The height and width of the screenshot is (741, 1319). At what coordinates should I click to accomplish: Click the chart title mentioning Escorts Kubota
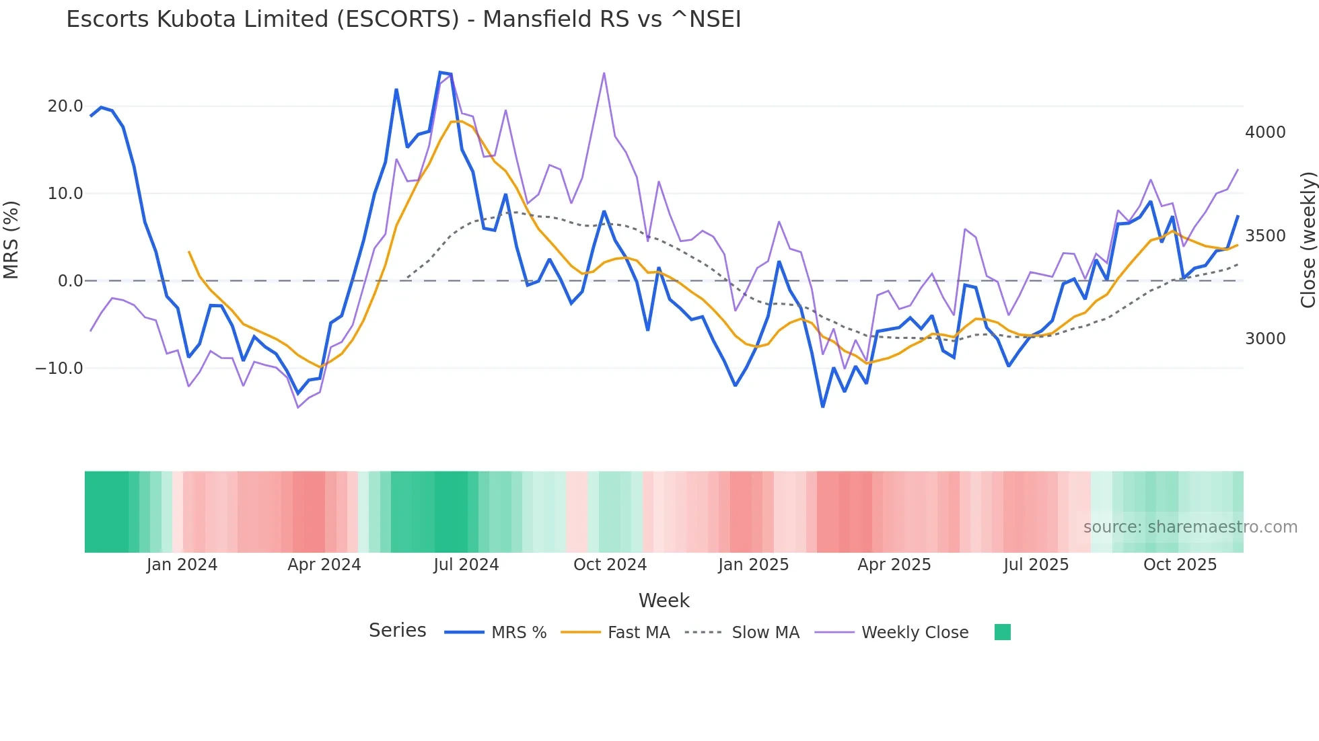pos(403,19)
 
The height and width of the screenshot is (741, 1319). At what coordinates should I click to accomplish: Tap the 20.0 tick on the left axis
pos(65,106)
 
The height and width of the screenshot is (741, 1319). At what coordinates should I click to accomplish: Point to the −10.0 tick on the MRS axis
pos(59,368)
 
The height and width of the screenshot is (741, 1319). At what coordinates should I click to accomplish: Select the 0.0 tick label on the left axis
pos(70,281)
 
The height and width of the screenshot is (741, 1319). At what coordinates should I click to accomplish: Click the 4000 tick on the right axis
pos(1265,132)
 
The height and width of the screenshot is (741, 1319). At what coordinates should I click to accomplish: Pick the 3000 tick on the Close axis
pos(1265,339)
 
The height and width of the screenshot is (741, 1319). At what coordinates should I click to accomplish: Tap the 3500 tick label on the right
pos(1265,236)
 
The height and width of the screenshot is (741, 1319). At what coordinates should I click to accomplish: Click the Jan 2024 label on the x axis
pos(182,565)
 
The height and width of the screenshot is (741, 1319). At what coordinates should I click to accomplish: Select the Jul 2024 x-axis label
pos(466,565)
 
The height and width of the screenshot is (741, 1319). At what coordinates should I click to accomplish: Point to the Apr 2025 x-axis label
pos(894,565)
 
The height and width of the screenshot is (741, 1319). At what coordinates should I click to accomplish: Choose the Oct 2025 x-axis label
pos(1180,565)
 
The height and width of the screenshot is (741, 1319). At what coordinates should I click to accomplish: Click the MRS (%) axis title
pos(11,239)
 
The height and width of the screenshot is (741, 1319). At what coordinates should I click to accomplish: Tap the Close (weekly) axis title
pos(1308,240)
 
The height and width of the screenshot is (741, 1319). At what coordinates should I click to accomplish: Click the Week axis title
pos(664,600)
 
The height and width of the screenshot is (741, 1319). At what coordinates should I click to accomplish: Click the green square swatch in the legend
pos(1002,632)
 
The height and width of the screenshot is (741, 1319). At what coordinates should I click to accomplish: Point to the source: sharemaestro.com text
pos(1190,527)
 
